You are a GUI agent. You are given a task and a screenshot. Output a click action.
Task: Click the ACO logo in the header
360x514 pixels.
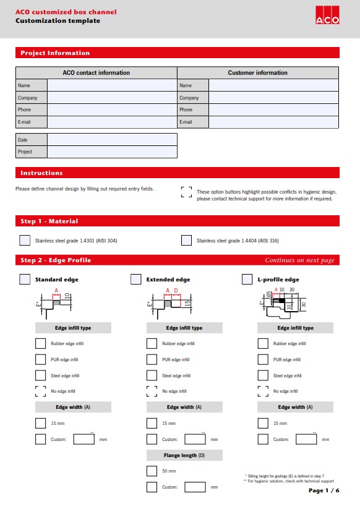click(x=327, y=15)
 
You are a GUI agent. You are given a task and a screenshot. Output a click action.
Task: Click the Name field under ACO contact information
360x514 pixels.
click(x=112, y=85)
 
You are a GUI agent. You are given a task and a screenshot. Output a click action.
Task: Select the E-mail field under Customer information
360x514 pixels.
click(x=273, y=122)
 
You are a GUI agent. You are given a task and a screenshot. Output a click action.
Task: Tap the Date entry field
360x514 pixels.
click(x=112, y=140)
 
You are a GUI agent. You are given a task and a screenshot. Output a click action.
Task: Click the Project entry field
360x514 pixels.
click(x=112, y=152)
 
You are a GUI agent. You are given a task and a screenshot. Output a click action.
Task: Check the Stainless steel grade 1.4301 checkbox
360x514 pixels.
click(x=25, y=241)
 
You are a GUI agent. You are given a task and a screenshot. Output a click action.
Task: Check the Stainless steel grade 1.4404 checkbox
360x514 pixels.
click(x=186, y=241)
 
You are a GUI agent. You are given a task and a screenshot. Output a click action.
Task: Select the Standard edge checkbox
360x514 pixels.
click(x=25, y=280)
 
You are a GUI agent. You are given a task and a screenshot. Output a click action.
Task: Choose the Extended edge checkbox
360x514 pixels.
click(x=136, y=280)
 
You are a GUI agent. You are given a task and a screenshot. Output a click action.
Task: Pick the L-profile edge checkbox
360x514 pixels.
click(x=247, y=280)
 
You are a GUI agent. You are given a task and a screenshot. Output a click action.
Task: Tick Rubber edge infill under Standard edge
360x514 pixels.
click(x=40, y=343)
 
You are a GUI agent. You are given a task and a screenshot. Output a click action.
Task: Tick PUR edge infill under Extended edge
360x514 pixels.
click(x=152, y=359)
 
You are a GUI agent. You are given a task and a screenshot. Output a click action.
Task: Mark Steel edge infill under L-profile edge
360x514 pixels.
click(x=263, y=375)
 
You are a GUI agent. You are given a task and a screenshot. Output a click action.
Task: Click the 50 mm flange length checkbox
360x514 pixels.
click(x=152, y=471)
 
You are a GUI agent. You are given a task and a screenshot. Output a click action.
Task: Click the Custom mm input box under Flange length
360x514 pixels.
click(x=195, y=487)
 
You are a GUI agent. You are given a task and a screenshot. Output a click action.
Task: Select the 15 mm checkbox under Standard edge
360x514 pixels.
click(x=40, y=423)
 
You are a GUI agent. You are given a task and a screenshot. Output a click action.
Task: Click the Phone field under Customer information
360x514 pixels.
click(x=273, y=109)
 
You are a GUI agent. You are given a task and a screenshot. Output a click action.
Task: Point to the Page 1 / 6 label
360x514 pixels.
click(x=324, y=490)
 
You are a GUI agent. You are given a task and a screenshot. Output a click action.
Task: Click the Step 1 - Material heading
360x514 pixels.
click(x=49, y=221)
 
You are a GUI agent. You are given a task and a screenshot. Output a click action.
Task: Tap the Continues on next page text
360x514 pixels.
click(x=299, y=260)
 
